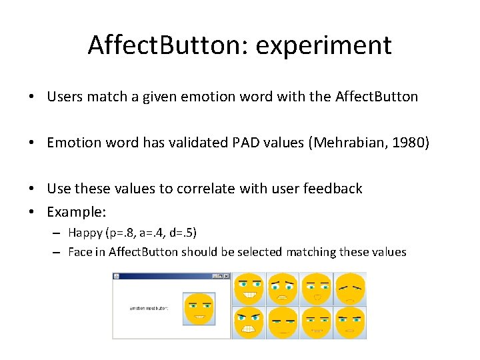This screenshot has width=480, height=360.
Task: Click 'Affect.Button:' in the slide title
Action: tap(170, 46)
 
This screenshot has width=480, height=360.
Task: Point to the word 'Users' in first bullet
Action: tap(65, 97)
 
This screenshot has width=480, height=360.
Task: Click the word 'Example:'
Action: tap(75, 213)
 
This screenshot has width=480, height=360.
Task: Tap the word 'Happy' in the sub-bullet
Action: tap(85, 233)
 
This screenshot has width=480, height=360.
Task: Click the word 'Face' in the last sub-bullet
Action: tap(80, 252)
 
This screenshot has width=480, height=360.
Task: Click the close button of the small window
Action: tap(226, 276)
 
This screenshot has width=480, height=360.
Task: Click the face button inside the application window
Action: tap(199, 309)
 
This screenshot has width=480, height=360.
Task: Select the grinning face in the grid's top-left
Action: tap(249, 289)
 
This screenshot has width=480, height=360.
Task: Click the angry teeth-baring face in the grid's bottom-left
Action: tap(249, 323)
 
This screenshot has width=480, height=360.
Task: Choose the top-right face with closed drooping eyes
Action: tap(350, 289)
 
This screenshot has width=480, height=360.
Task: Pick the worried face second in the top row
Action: tap(283, 289)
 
